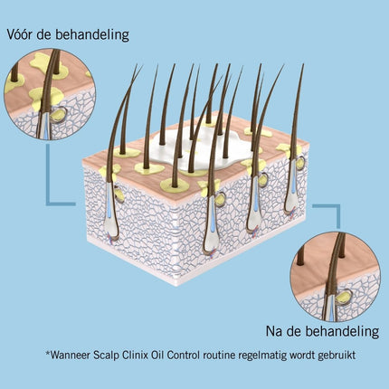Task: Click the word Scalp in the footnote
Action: pyautogui.click(x=106, y=356)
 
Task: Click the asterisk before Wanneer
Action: pyautogui.click(x=48, y=353)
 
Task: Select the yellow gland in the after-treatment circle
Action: pyautogui.click(x=344, y=297)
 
